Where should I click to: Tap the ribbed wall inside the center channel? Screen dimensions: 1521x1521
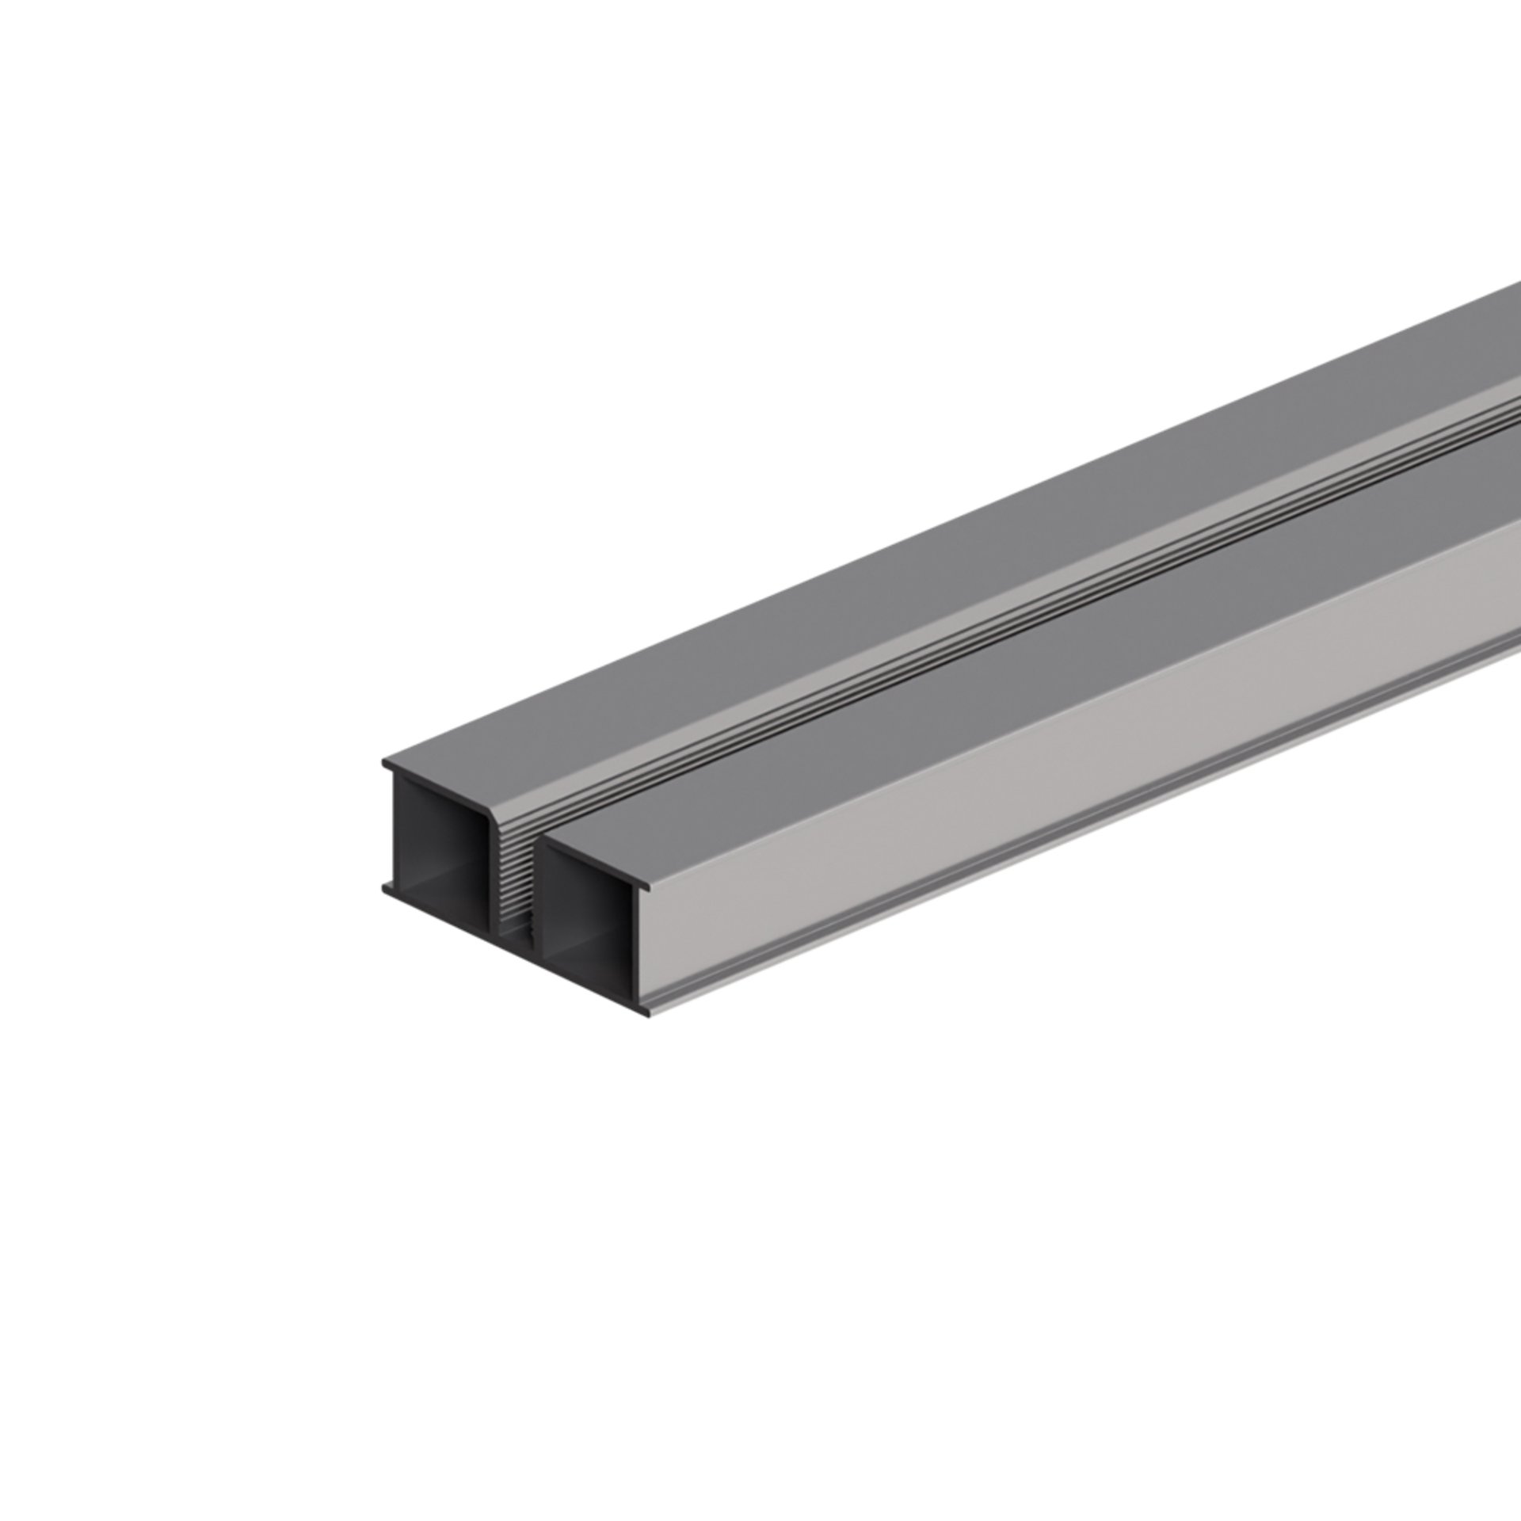tap(511, 879)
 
